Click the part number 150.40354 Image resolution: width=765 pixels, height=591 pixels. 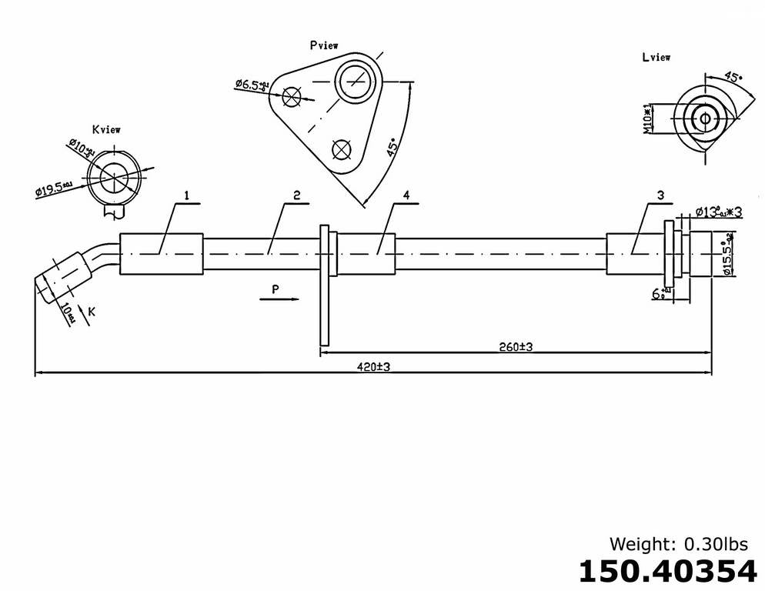coord(666,571)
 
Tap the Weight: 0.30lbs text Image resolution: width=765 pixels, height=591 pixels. coord(678,544)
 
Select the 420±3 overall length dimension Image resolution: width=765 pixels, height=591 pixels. coord(373,367)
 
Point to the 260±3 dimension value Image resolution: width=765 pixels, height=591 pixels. coord(515,347)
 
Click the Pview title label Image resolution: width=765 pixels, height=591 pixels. coord(324,45)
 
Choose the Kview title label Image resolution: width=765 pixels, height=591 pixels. coord(105,130)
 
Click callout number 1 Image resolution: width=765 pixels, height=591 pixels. coord(185,195)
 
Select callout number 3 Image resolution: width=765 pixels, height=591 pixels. coord(660,195)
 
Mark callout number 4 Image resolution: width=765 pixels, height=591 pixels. coord(405,195)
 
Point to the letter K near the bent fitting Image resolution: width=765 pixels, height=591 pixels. coord(92,311)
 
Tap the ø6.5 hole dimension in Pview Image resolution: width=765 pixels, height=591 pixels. coord(252,85)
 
